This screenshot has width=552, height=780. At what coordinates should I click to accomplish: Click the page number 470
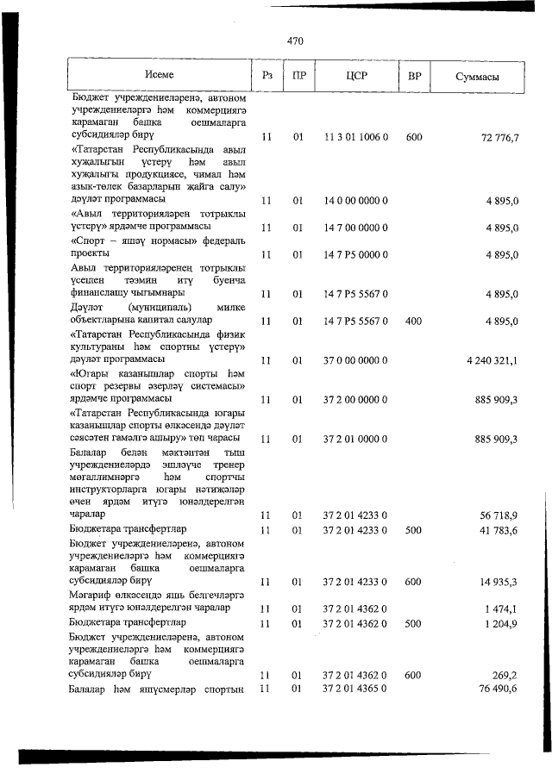295,40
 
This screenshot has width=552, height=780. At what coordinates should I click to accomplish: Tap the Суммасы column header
477,77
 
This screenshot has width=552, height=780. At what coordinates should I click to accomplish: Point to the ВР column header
414,77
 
